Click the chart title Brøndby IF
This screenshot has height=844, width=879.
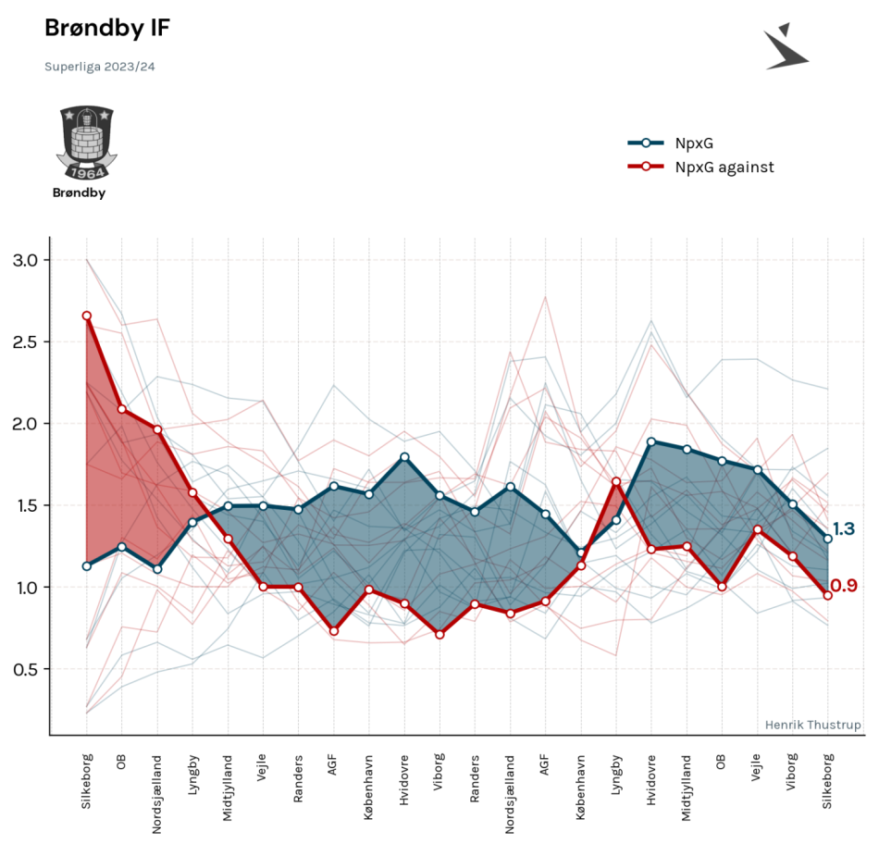(x=107, y=29)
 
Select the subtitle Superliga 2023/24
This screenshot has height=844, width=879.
(x=100, y=67)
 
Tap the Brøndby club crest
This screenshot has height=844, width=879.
(x=86, y=143)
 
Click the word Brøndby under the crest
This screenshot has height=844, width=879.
(x=79, y=192)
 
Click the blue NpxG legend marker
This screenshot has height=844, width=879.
(x=645, y=143)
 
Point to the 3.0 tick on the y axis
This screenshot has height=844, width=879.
(x=25, y=260)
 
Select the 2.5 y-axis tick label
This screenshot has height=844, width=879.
(x=25, y=342)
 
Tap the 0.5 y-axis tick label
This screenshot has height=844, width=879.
(x=25, y=670)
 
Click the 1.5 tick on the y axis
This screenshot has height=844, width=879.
(x=25, y=506)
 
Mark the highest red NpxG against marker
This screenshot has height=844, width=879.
(x=87, y=316)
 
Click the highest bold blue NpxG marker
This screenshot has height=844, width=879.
(x=651, y=442)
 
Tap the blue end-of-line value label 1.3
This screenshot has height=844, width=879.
(x=844, y=528)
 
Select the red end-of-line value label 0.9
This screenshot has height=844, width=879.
(x=844, y=586)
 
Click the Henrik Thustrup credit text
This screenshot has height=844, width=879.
(x=813, y=726)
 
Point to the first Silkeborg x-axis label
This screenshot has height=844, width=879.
(x=86, y=781)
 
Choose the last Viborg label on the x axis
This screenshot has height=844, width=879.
(x=791, y=772)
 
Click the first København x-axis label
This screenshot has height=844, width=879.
(x=368, y=788)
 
